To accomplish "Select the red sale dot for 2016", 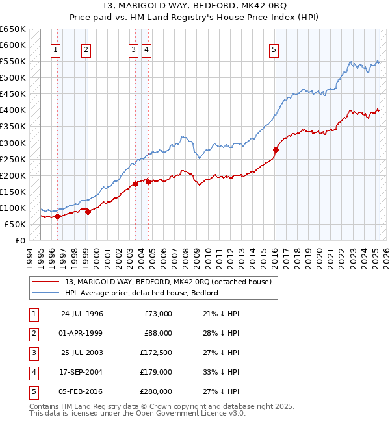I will coord(276,149).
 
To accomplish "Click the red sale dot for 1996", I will coord(57,217).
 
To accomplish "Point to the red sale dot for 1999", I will coord(88,212).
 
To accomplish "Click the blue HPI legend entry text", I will coord(141,293).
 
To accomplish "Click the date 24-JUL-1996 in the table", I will coord(82,314).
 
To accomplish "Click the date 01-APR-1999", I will coord(82,333).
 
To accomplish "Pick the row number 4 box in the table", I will coord(32,372).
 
